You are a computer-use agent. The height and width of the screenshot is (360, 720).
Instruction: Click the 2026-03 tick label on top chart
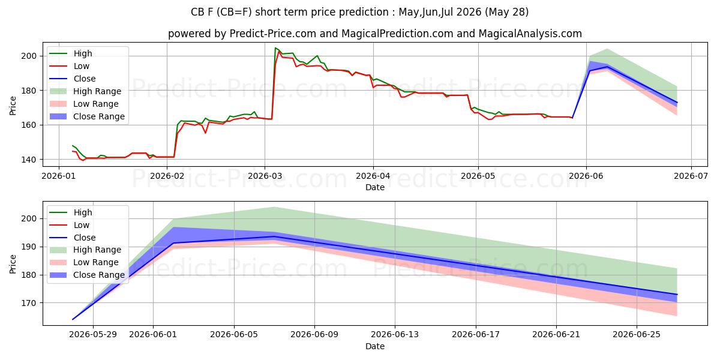(x=265, y=176)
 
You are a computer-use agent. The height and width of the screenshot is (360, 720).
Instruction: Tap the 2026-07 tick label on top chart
(x=691, y=176)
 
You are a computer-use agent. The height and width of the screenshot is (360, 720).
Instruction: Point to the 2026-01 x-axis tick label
(x=59, y=176)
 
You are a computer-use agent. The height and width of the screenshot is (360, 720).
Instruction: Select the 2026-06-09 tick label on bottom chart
(x=314, y=335)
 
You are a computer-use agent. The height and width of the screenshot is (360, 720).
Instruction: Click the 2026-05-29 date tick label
(x=93, y=335)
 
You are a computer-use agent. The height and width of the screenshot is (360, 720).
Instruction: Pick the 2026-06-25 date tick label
(x=637, y=335)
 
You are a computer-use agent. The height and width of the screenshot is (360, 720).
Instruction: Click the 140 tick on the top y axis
(x=28, y=160)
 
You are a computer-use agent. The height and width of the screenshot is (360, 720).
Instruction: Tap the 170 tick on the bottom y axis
(x=28, y=303)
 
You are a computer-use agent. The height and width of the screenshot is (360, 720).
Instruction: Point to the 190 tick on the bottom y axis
(x=28, y=247)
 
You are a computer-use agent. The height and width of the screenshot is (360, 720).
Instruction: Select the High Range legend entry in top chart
(x=85, y=91)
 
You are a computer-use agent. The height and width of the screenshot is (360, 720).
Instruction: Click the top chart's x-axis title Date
(x=375, y=187)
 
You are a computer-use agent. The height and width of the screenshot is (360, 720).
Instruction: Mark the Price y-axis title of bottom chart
(x=13, y=264)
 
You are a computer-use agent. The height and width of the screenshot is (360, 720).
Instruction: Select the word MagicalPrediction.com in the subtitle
(x=397, y=34)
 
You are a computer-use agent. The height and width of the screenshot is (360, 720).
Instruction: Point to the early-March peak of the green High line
(x=275, y=48)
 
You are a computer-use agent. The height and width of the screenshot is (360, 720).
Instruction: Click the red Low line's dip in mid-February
(x=205, y=133)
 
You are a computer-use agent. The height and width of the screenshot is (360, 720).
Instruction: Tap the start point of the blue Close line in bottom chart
(x=73, y=319)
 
